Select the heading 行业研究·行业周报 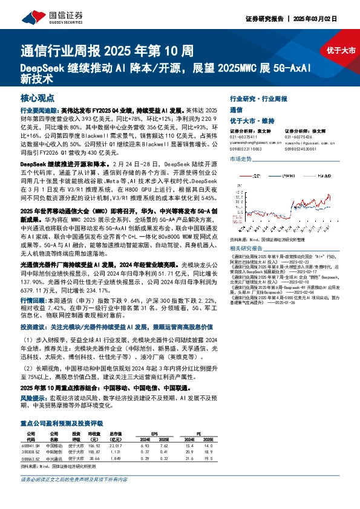coord(258,98)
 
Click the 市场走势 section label coord(240,158)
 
